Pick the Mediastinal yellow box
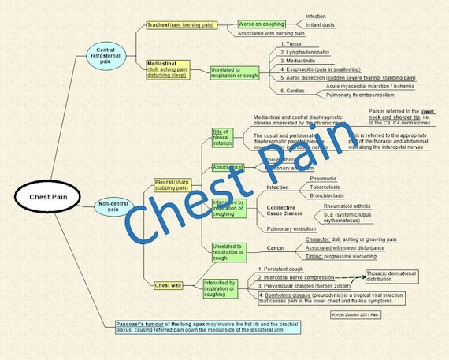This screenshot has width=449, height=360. point(166,71)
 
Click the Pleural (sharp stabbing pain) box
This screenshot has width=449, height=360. point(172,185)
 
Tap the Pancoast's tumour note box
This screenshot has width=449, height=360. point(202,327)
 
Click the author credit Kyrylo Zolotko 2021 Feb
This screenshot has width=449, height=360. point(355,313)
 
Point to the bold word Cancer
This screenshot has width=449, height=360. point(276,248)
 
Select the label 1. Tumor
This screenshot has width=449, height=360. point(291,44)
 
